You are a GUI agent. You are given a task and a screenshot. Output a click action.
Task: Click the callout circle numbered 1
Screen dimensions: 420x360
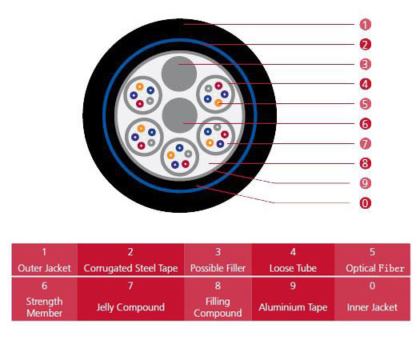pos(365,25)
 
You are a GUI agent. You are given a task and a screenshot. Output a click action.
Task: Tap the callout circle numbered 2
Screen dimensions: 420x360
pos(365,45)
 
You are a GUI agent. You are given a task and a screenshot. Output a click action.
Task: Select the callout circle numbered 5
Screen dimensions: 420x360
pos(365,104)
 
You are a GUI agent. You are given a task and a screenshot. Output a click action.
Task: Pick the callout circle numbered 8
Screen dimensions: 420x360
pos(365,163)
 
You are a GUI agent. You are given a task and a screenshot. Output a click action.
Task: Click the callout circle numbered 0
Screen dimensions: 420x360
pos(365,203)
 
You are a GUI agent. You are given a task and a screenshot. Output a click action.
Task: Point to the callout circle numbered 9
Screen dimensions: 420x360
pos(365,183)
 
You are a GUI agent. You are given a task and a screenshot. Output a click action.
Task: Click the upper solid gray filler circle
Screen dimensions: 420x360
pos(179,74)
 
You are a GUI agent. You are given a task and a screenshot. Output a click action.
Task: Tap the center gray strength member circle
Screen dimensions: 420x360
pos(180,115)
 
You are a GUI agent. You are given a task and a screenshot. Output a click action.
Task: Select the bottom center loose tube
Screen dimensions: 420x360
pos(179,157)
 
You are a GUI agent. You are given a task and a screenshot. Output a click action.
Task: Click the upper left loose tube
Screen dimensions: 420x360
pos(142,95)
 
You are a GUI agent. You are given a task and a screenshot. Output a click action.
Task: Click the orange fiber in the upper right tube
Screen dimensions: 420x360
pos(218,102)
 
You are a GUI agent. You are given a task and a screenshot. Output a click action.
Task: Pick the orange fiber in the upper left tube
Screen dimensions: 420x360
pos(139,86)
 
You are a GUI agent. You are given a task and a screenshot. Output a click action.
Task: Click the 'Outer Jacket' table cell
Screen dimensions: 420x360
pos(45,259)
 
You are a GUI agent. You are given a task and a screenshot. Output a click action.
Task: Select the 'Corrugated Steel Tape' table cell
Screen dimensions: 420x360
pos(130,259)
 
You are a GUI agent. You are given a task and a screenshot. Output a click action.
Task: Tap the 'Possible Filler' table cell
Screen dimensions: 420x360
pos(218,259)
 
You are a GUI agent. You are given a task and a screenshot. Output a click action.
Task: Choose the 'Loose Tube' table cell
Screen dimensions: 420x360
pos(293,259)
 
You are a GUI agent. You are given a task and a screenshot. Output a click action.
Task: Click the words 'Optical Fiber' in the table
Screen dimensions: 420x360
pos(375,268)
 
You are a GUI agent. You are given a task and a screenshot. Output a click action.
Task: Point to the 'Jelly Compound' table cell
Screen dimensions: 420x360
pos(130,299)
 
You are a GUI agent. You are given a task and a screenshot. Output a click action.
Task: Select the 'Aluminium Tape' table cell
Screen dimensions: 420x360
pos(293,299)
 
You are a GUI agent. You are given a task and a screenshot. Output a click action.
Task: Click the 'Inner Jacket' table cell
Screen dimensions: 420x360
pos(372,299)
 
